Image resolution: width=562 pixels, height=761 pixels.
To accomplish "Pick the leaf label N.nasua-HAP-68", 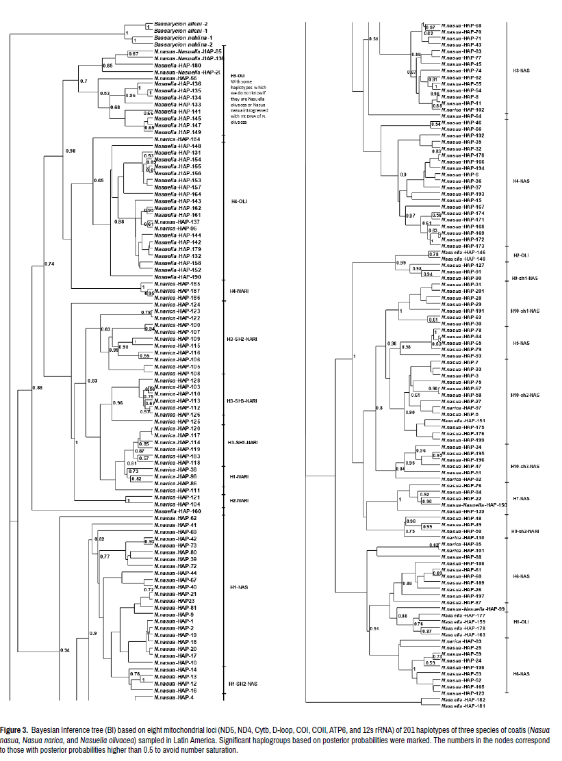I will (461, 25).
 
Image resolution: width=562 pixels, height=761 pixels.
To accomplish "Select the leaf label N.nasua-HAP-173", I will (461, 246).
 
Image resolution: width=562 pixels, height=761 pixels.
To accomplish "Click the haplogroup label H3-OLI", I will (238, 75).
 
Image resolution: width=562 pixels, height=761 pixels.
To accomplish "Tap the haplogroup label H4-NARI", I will (239, 291).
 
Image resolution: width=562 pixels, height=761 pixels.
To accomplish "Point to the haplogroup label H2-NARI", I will (239, 500).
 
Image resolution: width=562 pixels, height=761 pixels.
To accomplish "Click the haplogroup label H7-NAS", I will (521, 499).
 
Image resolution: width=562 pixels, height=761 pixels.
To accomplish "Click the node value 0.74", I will (49, 263).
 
